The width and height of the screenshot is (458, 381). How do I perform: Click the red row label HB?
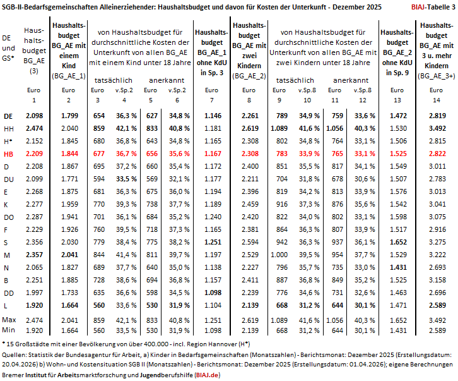[8, 154]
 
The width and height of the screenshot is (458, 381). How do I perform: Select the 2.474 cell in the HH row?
[34, 128]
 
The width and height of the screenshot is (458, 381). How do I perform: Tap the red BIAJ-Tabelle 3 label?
[433, 7]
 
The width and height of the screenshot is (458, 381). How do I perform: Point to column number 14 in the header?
[437, 100]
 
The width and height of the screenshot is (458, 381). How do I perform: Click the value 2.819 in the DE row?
[437, 116]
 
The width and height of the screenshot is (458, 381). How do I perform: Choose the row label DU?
[9, 179]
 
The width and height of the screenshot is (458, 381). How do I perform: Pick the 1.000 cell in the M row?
[279, 255]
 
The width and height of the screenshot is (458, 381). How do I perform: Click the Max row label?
[9, 320]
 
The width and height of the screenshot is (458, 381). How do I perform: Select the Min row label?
[8, 330]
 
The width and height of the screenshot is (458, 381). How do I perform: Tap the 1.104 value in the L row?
[213, 306]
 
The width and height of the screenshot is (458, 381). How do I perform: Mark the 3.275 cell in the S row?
[437, 242]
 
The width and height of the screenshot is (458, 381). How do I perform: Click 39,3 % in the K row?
[126, 204]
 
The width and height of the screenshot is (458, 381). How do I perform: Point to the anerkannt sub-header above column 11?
[351, 80]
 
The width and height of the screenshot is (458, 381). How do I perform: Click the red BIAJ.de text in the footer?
[208, 375]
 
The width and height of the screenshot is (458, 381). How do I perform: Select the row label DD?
[9, 293]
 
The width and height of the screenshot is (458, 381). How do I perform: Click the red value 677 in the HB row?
[98, 154]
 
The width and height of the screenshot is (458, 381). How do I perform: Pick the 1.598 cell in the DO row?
[398, 217]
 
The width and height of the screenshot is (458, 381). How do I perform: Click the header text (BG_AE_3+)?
[437, 76]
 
